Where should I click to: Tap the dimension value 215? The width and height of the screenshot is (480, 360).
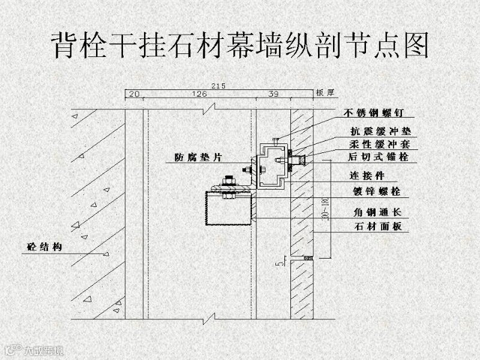[x=218, y=86]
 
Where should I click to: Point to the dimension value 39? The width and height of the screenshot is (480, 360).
[x=273, y=94]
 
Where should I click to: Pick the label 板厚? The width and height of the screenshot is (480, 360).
[x=325, y=93]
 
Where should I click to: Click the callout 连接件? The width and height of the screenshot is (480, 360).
[x=367, y=176]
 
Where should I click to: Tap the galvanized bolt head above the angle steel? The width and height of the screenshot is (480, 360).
[x=229, y=179]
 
